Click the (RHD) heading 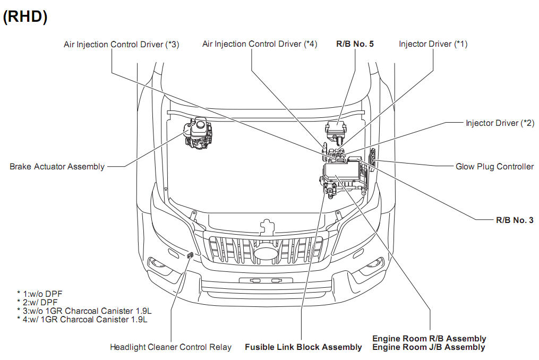pos(25,16)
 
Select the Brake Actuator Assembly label pos(57,167)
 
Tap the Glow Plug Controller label pos(494,167)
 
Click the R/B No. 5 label pos(355,44)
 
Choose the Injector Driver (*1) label pos(433,44)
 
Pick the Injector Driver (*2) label pos(499,123)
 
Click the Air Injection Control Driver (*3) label pos(122,45)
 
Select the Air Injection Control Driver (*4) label pos(260,44)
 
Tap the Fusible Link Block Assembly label pos(303,347)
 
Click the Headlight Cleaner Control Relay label pos(170,347)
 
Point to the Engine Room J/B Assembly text pos(429,347)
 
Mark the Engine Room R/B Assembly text pos(429,339)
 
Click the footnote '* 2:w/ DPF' pos(39,302)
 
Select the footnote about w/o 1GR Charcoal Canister pos(84,311)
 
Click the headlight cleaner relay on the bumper pos(190,256)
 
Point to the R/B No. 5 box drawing pos(336,129)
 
